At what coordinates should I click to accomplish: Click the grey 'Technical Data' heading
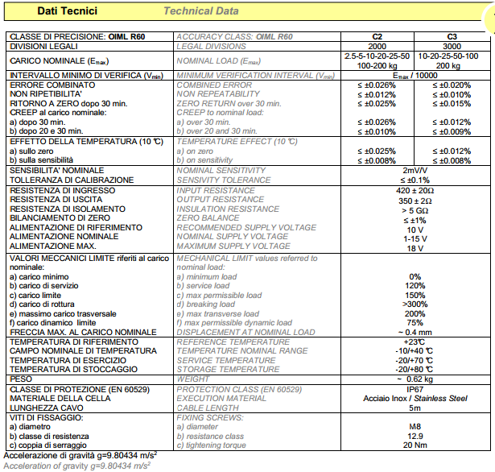(200, 10)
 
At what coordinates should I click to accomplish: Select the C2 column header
(376, 36)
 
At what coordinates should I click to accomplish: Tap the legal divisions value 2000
(376, 45)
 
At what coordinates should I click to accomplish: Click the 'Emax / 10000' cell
(415, 75)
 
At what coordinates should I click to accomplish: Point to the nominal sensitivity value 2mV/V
(415, 171)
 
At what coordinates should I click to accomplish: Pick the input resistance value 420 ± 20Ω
(415, 190)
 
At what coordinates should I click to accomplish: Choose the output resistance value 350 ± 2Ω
(415, 200)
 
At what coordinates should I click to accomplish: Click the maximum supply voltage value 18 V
(415, 248)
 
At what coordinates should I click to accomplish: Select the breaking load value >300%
(415, 304)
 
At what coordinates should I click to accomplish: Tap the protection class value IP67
(415, 388)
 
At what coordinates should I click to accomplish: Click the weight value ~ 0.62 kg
(415, 379)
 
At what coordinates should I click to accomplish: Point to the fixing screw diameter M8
(415, 426)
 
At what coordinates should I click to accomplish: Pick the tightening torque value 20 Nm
(415, 445)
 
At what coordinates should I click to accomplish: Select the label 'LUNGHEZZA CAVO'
(45, 408)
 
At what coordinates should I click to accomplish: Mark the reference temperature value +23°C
(415, 342)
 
